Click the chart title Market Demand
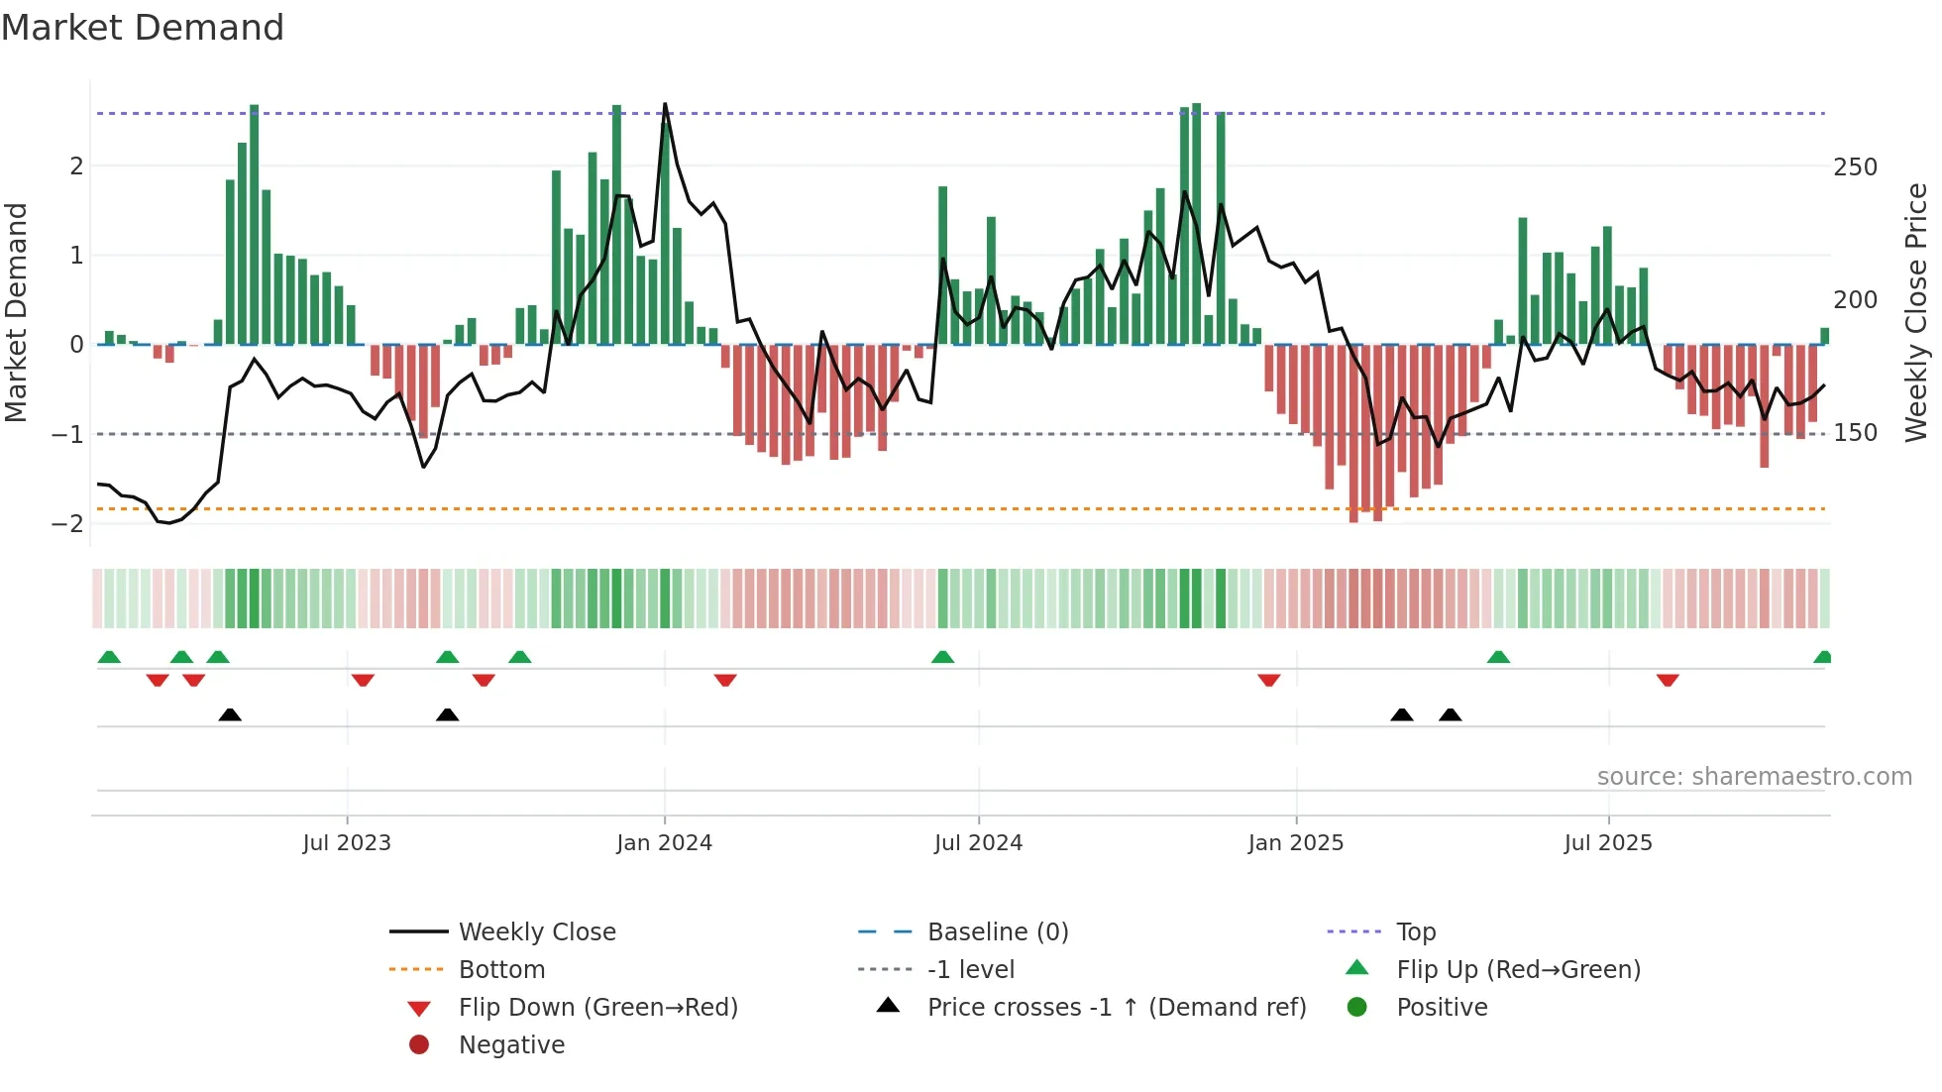coord(143,28)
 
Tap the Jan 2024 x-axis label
coord(664,843)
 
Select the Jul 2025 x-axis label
coord(1608,843)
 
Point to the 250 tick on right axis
coord(1855,167)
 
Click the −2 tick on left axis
coord(68,524)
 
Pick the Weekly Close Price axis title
coord(1916,312)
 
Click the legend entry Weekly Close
coord(536,932)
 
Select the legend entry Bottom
coord(501,970)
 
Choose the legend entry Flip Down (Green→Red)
coord(597,1008)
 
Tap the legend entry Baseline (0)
coord(997,932)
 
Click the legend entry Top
coord(1416,932)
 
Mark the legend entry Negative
coord(511,1045)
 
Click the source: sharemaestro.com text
coord(1754,777)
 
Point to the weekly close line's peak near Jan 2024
coord(665,104)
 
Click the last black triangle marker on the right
coord(1451,714)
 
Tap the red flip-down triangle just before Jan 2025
coord(1269,680)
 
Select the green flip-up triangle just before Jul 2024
coord(942,657)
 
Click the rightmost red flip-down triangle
coord(1668,680)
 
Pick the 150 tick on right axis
coord(1855,433)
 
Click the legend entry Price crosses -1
coord(1116,1008)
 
